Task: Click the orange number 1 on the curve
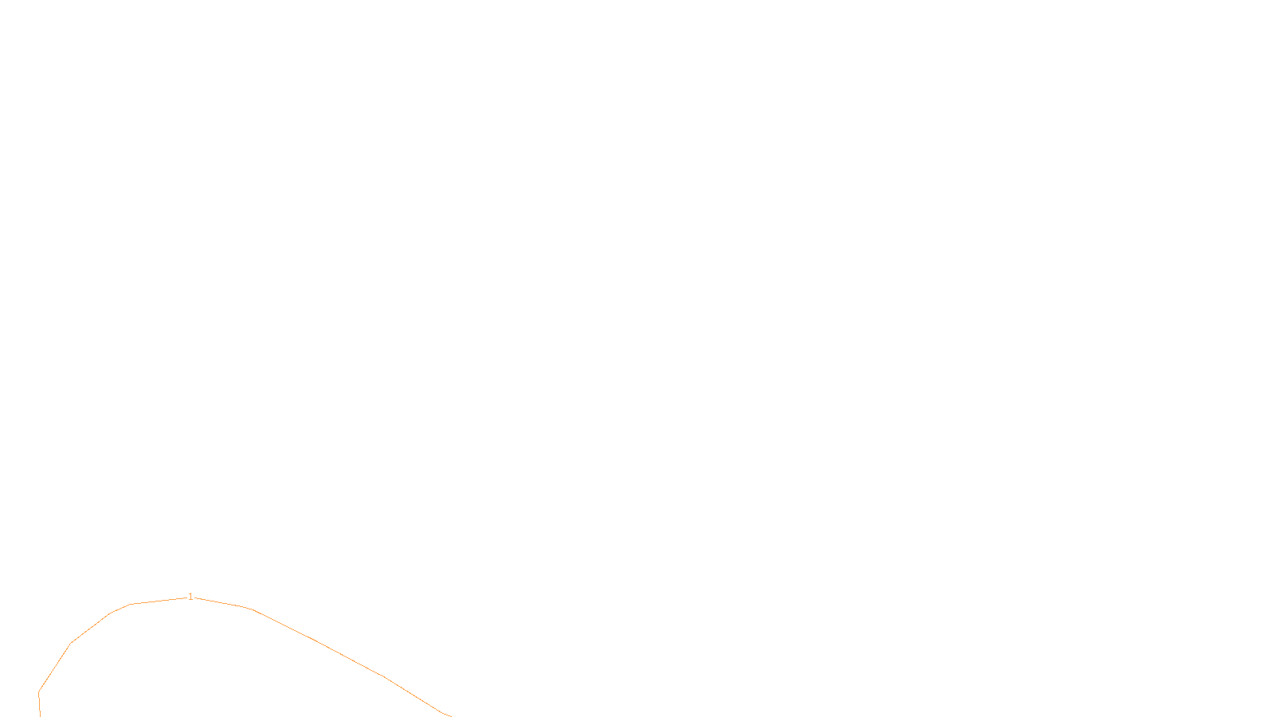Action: pos(190,596)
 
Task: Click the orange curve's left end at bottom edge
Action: pos(40,715)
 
